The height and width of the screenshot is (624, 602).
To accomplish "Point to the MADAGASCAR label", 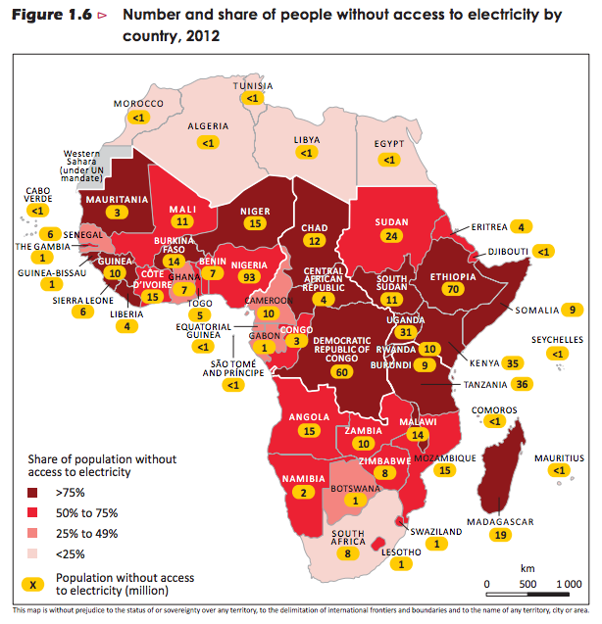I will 500,522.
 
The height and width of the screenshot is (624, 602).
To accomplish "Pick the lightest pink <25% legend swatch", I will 35,553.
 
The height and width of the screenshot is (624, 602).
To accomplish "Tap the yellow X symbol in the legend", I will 35,584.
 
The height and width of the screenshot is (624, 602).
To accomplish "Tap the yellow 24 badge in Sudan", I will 392,236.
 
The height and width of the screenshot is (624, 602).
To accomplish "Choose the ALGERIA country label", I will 208,126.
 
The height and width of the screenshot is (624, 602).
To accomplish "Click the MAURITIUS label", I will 557,456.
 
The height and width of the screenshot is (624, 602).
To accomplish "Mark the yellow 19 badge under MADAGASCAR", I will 501,536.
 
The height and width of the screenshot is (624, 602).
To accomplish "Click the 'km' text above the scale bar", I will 527,567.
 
